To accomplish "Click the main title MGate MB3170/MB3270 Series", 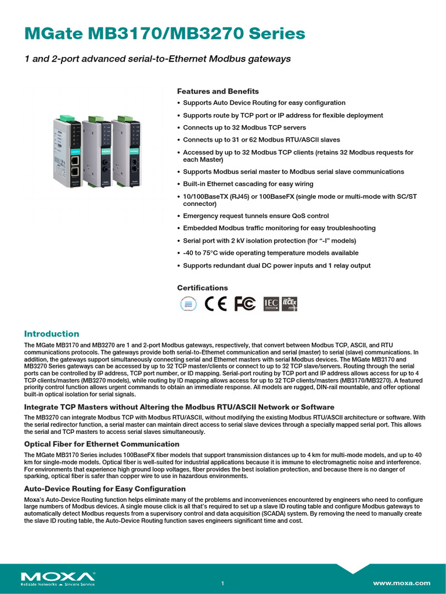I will pyautogui.click(x=164, y=34).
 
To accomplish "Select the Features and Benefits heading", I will pyautogui.click(x=218, y=91).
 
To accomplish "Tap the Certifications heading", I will pyautogui.click(x=202, y=288).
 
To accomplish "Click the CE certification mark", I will pyautogui.click(x=216, y=304).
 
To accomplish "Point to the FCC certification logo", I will pyautogui.click(x=244, y=304).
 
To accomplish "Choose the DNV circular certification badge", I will pyautogui.click(x=188, y=304).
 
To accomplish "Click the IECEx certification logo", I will pyautogui.click(x=289, y=304).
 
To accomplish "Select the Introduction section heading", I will pyautogui.click(x=51, y=334).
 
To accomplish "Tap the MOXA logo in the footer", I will pyautogui.click(x=58, y=577).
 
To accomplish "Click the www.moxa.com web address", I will pyautogui.click(x=401, y=583).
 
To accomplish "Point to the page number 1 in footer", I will pyautogui.click(x=222, y=583).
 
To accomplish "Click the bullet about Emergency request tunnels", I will pyautogui.click(x=256, y=216).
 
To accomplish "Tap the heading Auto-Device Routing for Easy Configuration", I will pyautogui.click(x=105, y=489).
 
